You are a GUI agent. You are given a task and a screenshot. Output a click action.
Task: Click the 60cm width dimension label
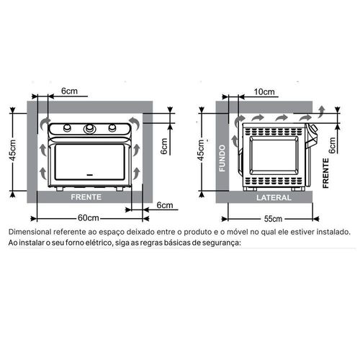pos(89,218)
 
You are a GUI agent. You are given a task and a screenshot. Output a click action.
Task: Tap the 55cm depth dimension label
pos(273,219)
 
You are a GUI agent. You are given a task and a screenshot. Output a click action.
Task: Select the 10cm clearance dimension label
pos(264,91)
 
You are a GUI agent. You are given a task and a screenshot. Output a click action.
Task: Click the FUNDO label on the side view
pos(222,158)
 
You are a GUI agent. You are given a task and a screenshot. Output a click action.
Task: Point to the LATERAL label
pos(274,197)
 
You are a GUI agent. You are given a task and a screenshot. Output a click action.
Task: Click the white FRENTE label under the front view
pos(86,197)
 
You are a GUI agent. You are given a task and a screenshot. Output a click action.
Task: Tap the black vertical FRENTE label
pos(325,173)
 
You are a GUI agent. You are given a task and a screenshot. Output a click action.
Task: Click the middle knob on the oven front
pos(90,129)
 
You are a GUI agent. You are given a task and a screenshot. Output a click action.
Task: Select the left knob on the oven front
pos(67,127)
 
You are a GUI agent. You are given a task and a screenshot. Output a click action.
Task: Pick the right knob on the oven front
pos(112,127)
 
